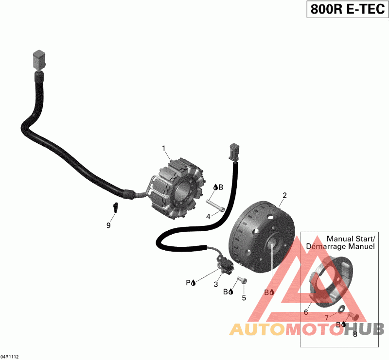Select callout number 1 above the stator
click(164, 148)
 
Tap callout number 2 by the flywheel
click(284, 196)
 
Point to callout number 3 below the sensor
click(216, 284)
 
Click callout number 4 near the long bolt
click(208, 217)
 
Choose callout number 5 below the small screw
click(244, 297)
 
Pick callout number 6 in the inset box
click(306, 312)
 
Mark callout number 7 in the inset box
click(327, 318)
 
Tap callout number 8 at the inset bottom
click(355, 334)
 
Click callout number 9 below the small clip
click(108, 225)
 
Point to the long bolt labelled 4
click(214, 206)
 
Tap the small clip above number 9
click(116, 207)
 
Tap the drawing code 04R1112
click(10, 356)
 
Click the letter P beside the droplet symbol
click(187, 282)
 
